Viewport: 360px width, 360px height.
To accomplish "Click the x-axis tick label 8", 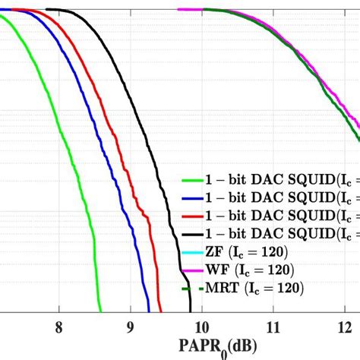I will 58,327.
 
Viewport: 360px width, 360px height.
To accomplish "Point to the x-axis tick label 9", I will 130,327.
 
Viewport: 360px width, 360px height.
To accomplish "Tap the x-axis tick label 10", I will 201,327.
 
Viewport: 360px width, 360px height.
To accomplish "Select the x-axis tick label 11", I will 273,327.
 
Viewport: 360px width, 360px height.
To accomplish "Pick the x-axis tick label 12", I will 344,327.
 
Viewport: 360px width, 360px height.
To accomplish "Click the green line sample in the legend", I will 191,180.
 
